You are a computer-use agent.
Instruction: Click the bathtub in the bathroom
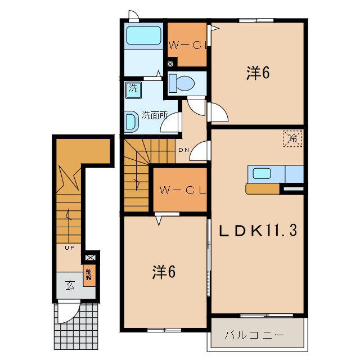pos(144,35)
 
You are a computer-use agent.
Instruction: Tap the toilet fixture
pos(182,83)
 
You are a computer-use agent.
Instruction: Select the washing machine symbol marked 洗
pos(133,90)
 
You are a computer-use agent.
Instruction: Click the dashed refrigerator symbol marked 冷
pos(292,138)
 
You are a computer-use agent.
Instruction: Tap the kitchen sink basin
pos(262,173)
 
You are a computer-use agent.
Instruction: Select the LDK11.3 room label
pos(258,231)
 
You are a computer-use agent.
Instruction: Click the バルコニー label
pos(254,335)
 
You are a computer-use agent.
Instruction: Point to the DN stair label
pos(184,150)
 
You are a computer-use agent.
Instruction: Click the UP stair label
pos(70,247)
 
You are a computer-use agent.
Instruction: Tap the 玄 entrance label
pos(70,285)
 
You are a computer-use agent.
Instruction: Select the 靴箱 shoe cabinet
pos(89,275)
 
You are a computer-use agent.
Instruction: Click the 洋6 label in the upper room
pos(258,73)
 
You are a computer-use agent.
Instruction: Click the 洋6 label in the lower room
pos(164,272)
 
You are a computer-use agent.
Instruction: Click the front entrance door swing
pos(68,311)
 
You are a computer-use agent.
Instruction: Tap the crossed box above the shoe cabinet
pos(91,258)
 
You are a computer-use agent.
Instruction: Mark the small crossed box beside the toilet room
pos(170,64)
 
